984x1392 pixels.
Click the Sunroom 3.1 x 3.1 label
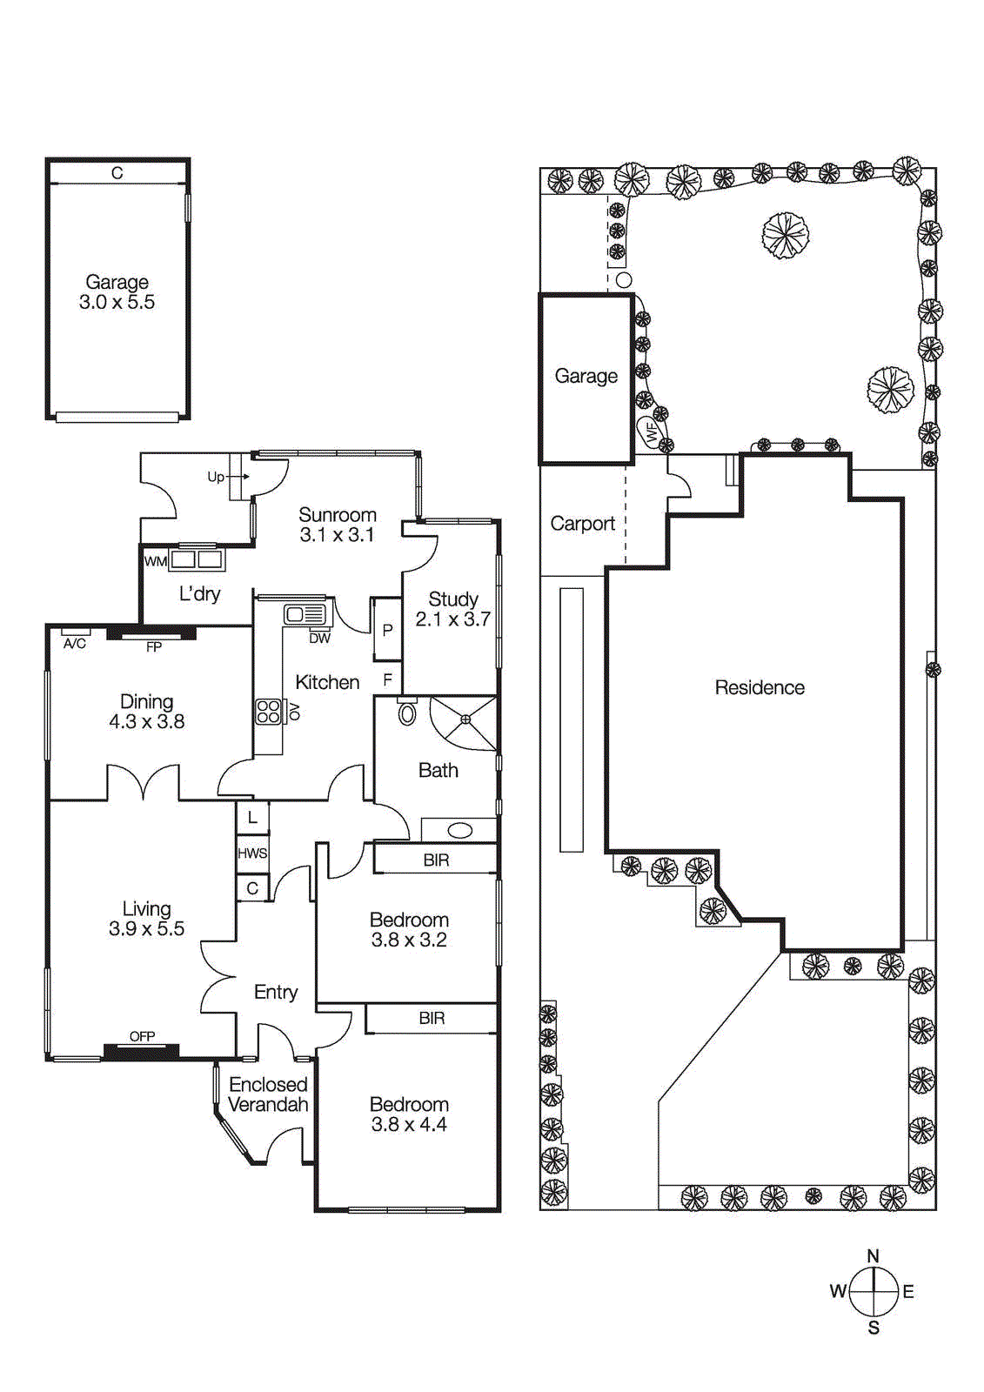click(x=337, y=525)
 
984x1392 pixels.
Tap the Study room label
click(x=453, y=609)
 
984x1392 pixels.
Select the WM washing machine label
click(x=156, y=562)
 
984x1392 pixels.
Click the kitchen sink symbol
click(x=305, y=614)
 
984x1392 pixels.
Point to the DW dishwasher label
click(x=319, y=638)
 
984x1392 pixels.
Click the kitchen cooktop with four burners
click(x=268, y=712)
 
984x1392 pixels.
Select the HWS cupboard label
click(x=252, y=853)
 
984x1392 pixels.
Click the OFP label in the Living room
click(x=143, y=1036)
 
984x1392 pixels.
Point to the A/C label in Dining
click(x=75, y=644)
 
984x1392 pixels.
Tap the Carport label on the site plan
click(x=582, y=524)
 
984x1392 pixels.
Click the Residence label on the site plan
click(x=760, y=687)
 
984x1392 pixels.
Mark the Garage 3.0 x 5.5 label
click(x=117, y=292)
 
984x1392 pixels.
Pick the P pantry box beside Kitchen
click(x=387, y=630)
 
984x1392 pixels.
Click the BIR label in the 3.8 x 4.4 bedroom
click(x=432, y=1018)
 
